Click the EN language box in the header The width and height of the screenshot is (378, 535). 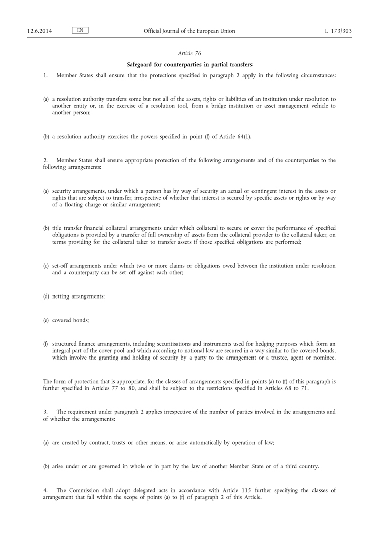[80, 31]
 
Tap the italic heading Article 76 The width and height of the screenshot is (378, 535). [189, 53]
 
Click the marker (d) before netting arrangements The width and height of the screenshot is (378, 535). [46, 296]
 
